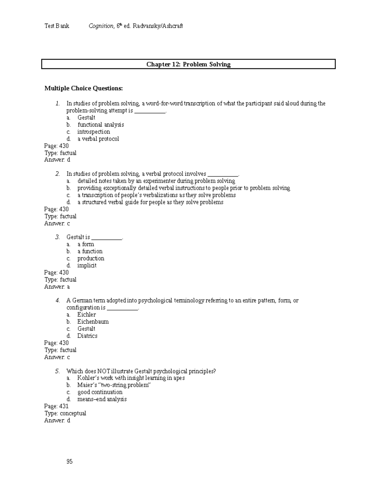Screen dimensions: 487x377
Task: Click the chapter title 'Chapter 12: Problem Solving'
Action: pos(188,64)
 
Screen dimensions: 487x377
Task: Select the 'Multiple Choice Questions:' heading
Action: pos(84,88)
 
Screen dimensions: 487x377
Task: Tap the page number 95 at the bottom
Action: pos(69,461)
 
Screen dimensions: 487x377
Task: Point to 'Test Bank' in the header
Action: pos(57,26)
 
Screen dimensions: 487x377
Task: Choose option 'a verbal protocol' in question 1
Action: pos(98,139)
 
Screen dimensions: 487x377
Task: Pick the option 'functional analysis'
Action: pos(101,125)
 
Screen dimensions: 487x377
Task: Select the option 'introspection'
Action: pos(94,132)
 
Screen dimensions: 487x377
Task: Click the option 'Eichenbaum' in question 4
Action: pos(93,322)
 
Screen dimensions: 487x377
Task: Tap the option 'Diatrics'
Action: pos(87,336)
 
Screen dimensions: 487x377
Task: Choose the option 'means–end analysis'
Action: pos(102,399)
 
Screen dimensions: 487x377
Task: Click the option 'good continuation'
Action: pos(100,392)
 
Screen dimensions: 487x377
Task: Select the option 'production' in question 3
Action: pos(91,258)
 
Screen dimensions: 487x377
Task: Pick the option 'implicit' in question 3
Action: pos(87,265)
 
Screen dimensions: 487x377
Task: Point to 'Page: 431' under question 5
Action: pos(57,406)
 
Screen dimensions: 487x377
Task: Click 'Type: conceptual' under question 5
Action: pos(65,413)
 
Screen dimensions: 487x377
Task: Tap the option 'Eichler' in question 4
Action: pos(86,315)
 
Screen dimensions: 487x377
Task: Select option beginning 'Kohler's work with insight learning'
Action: pos(131,378)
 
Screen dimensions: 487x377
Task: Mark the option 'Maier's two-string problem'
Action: pos(114,385)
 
